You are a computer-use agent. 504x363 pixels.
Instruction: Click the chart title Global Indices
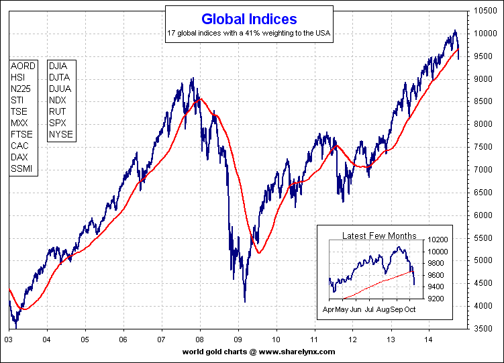[x=249, y=19]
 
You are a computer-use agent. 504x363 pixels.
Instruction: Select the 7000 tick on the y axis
[x=484, y=170]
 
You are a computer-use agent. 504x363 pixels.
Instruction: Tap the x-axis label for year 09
[x=238, y=340]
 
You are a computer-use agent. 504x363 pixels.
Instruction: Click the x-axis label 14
[x=427, y=340]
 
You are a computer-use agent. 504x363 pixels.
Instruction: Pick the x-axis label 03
[x=9, y=340]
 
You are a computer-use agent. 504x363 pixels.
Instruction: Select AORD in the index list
[x=23, y=66]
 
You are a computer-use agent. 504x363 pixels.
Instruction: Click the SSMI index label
[x=22, y=169]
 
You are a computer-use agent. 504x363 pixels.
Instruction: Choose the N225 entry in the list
[x=22, y=89]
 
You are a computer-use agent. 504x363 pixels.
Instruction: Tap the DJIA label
[x=58, y=66]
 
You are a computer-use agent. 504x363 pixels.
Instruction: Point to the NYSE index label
[x=60, y=135]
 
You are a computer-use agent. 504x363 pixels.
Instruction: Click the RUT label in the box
[x=57, y=112]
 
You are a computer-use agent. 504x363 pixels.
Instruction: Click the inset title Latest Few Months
[x=379, y=236]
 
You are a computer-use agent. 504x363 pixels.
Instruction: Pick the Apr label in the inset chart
[x=330, y=311]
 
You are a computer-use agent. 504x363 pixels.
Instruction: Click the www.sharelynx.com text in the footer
[x=297, y=352]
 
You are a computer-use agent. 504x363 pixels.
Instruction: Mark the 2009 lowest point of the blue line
[x=245, y=302]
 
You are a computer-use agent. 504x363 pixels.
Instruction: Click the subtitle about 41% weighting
[x=249, y=33]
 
